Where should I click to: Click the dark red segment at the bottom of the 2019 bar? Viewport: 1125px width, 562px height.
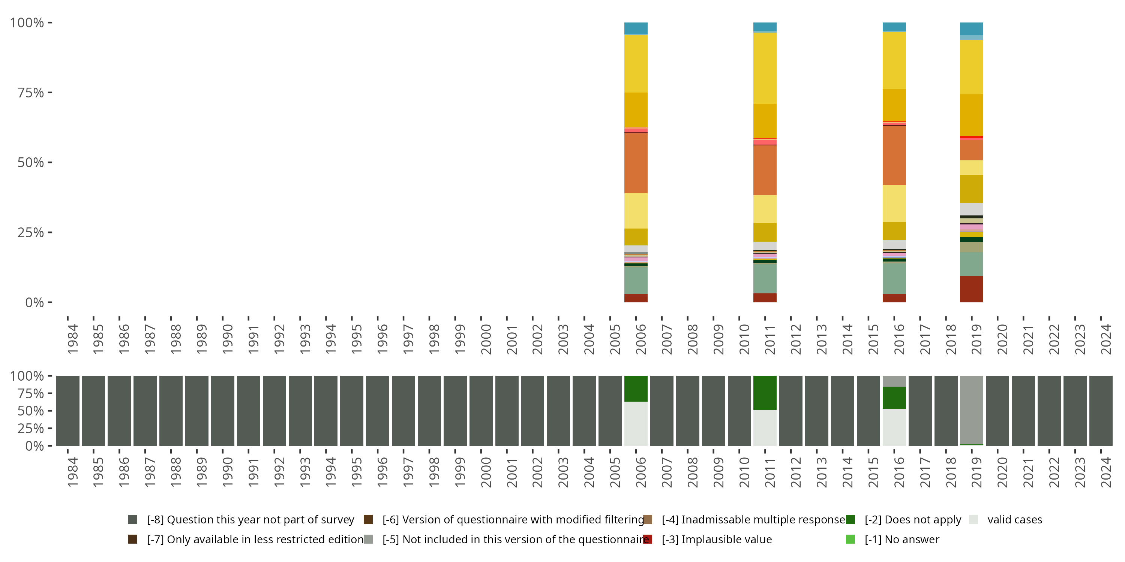coord(971,289)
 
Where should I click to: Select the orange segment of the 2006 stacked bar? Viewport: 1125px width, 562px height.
coord(636,162)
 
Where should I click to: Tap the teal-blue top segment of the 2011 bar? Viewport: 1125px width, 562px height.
coord(765,27)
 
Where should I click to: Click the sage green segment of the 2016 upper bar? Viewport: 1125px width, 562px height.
coord(894,278)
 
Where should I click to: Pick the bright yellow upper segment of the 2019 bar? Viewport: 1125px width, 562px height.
coord(971,67)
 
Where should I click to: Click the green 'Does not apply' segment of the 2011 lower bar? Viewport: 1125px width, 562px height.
coord(765,393)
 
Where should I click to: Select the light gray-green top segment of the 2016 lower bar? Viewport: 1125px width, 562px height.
coord(894,381)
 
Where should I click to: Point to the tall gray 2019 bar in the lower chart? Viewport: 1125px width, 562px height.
coord(971,410)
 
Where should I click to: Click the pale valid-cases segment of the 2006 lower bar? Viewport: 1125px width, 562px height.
coord(636,424)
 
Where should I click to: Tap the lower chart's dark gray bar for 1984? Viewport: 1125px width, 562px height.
coord(68,411)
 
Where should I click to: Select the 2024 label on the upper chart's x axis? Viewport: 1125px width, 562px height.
coord(1106,339)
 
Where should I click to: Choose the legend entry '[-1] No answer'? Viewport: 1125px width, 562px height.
coord(901,539)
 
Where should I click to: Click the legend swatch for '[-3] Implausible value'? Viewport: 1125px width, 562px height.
coord(648,539)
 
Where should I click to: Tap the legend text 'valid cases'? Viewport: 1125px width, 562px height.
coord(1014,520)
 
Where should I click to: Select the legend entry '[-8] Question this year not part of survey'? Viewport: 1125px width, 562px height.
coord(250,520)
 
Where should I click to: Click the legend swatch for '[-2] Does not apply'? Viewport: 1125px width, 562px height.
coord(850,520)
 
